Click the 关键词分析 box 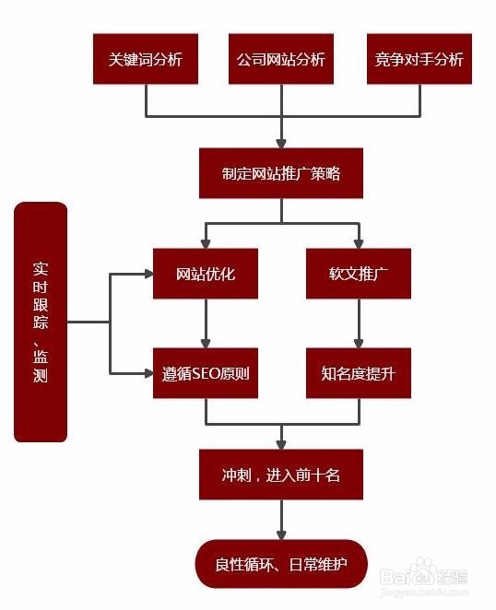tap(146, 59)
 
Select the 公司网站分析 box tap(280, 59)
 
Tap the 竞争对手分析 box tap(419, 59)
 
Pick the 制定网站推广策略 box tap(281, 172)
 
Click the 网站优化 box tap(206, 274)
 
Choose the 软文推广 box tap(358, 274)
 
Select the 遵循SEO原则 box tap(206, 373)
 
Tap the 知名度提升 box tap(358, 373)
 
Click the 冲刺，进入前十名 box tap(281, 475)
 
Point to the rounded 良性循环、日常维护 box tap(281, 564)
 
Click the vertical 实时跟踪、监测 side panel tap(41, 322)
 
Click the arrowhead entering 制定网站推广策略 tap(281, 142)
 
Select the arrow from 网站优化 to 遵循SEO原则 tap(206, 323)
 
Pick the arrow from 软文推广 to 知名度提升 tap(359, 323)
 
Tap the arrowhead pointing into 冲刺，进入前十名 tap(281, 443)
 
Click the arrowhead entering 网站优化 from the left tap(147, 274)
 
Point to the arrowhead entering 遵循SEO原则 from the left tap(147, 373)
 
